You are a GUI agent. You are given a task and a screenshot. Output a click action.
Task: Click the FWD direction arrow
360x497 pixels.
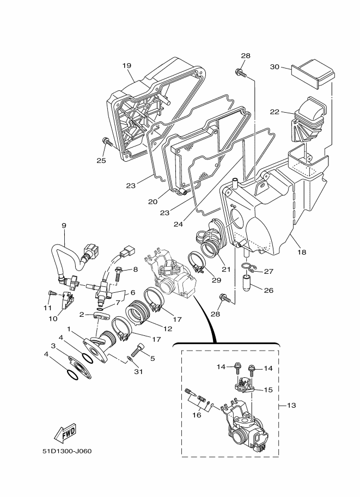pyautogui.click(x=65, y=433)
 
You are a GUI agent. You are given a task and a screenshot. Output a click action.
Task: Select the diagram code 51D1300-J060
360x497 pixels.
pyautogui.click(x=67, y=451)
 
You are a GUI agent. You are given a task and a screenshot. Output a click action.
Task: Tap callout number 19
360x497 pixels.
pyautogui.click(x=126, y=66)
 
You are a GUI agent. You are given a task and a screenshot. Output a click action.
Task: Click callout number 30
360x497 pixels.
pyautogui.click(x=274, y=66)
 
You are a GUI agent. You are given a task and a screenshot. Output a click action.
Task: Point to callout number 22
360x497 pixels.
pyautogui.click(x=274, y=112)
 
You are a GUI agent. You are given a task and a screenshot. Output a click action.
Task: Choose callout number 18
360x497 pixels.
pyautogui.click(x=302, y=252)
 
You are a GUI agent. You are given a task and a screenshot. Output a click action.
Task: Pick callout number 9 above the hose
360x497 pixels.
pyautogui.click(x=64, y=226)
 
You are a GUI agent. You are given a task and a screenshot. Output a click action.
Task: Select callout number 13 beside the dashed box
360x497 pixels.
pyautogui.click(x=291, y=405)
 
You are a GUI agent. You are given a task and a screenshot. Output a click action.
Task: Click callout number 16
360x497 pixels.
pyautogui.click(x=197, y=415)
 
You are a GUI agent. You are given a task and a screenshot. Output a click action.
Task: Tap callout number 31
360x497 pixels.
pyautogui.click(x=138, y=371)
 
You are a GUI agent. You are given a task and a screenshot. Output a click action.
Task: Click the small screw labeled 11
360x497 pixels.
pyautogui.click(x=52, y=293)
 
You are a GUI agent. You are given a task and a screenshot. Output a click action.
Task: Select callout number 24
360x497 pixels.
pyautogui.click(x=178, y=224)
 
